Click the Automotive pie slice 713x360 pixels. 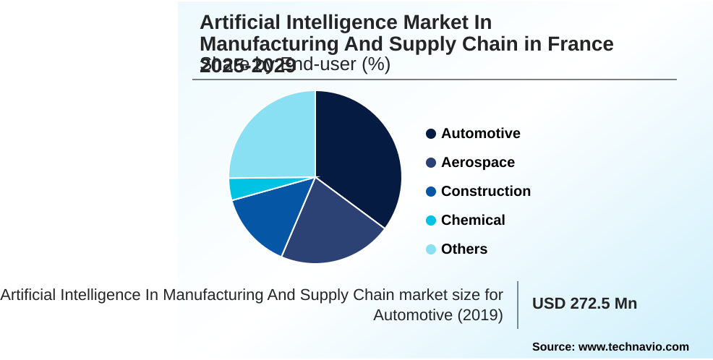358,155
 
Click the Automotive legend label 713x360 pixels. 480,134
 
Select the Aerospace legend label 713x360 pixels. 477,163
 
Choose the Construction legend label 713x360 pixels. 485,192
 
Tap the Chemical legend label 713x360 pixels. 473,220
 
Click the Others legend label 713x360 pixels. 464,249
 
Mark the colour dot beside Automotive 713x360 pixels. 431,134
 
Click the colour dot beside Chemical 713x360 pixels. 431,220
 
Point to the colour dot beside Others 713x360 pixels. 431,249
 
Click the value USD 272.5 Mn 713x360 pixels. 584,304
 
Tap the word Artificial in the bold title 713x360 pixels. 239,23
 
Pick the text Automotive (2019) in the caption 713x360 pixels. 438,315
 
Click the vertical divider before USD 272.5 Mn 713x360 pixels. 518,304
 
